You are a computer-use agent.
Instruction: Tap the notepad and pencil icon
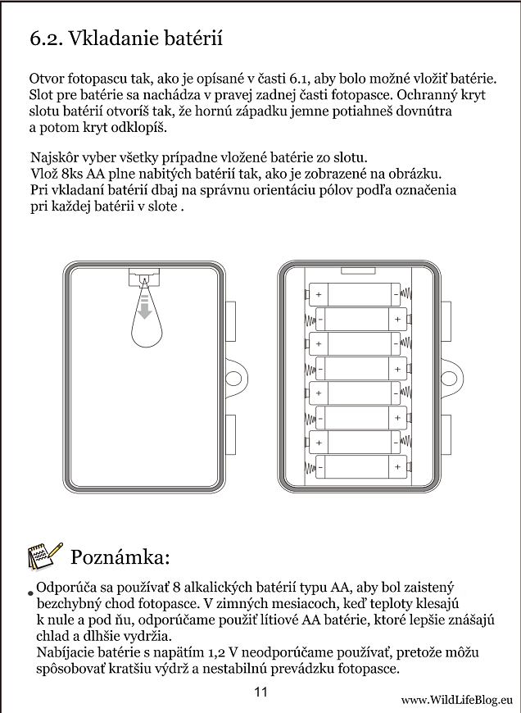click(44, 556)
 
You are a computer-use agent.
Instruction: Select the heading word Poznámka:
click(120, 557)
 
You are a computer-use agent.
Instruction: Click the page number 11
click(260, 692)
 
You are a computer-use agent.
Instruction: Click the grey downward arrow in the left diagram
click(144, 309)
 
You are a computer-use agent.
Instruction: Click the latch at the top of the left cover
click(144, 278)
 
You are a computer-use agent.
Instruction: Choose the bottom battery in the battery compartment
click(361, 468)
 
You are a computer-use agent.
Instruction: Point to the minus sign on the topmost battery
click(396, 293)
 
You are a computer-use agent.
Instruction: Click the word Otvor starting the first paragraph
click(46, 79)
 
